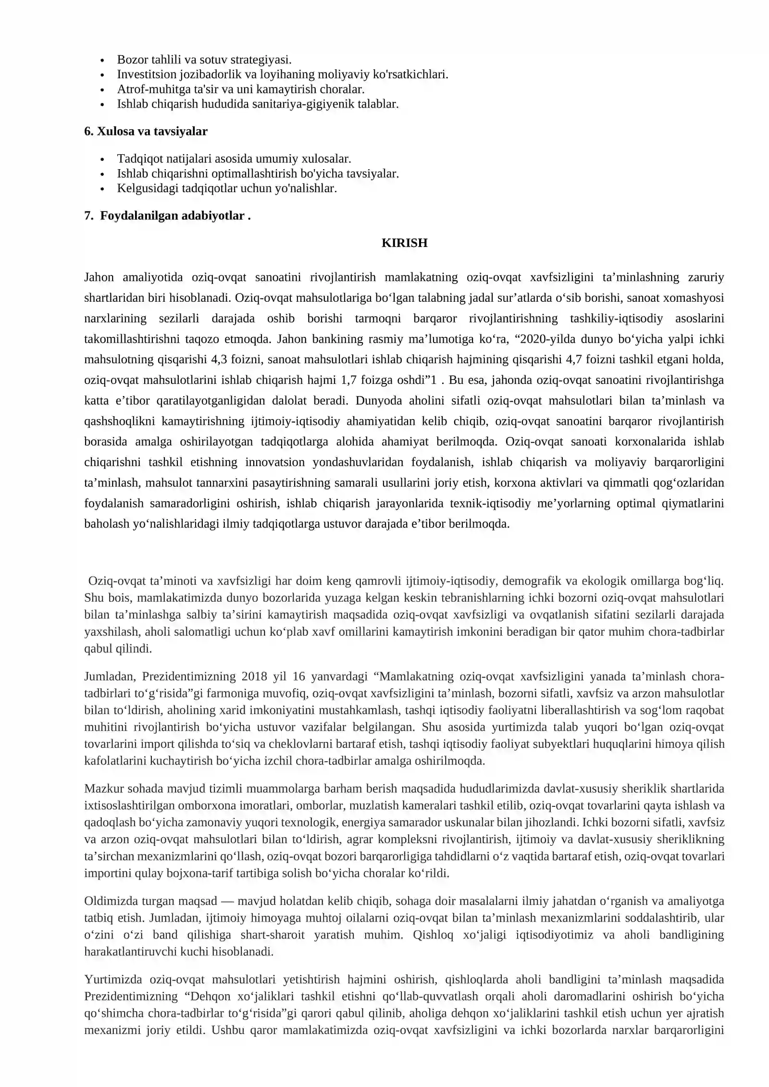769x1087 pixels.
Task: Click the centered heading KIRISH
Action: [x=404, y=243]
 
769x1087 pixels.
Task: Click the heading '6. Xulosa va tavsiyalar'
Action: [x=146, y=132]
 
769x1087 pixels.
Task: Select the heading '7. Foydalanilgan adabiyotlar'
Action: [x=167, y=216]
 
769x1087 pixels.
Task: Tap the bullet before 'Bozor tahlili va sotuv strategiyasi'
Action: [x=102, y=61]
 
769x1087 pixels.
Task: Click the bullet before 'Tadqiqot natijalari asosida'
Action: [x=102, y=160]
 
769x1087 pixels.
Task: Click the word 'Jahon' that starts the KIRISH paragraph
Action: [x=99, y=278]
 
